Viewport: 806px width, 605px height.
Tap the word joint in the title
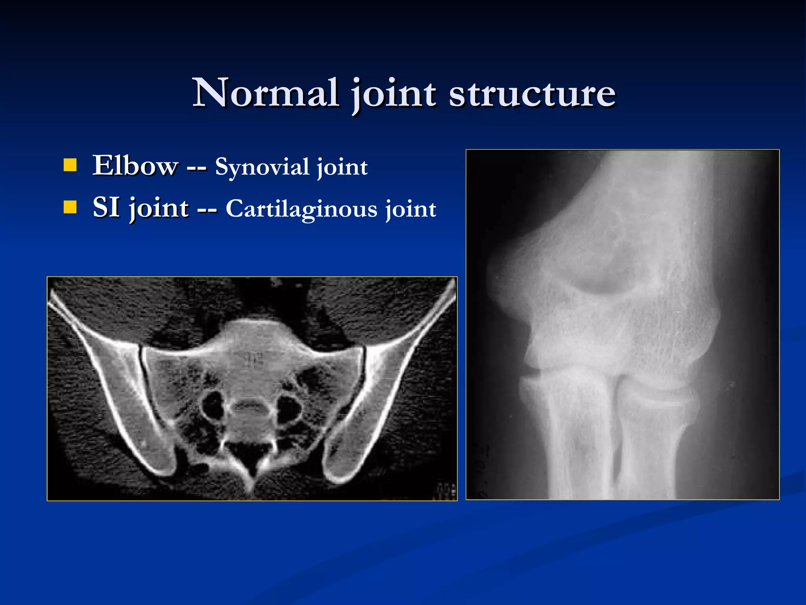394,95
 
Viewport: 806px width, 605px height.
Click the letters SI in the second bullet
106,207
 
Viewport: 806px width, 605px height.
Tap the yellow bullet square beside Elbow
70,165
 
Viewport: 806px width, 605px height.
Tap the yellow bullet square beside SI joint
70,207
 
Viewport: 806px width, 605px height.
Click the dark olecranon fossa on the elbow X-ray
602,276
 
